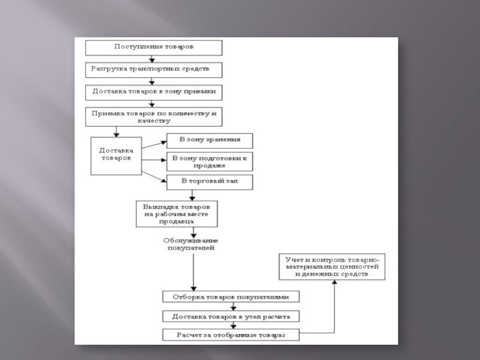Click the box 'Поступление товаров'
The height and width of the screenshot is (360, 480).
[154, 47]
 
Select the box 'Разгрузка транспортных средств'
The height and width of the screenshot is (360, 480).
[154, 70]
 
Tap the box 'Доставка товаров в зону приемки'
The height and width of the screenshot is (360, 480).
[154, 92]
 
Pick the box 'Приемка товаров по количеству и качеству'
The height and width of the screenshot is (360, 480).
[154, 116]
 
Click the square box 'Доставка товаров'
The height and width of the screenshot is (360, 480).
[116, 156]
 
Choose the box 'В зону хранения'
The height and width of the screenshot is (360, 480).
[209, 140]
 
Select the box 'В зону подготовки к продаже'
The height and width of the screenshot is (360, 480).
[209, 161]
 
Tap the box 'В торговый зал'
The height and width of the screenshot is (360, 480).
[209, 181]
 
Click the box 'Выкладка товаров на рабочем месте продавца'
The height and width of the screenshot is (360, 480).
[176, 213]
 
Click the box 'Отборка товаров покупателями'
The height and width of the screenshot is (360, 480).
[231, 296]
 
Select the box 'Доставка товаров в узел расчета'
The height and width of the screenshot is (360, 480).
[231, 316]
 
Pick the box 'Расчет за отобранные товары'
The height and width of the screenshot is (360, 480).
[231, 335]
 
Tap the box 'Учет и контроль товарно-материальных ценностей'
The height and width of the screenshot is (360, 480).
[332, 266]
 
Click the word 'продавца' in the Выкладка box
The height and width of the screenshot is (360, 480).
[176, 221]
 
